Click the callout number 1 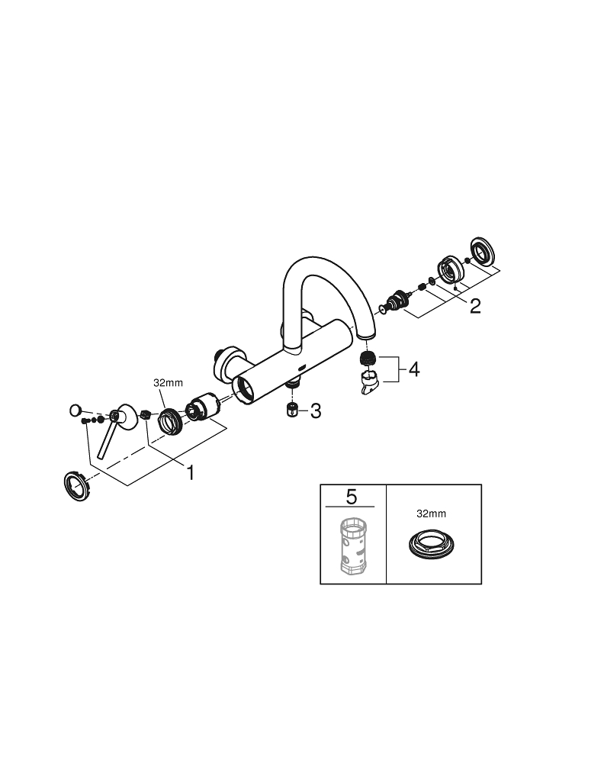tap(190, 473)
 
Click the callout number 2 tap(475, 307)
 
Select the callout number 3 tap(314, 411)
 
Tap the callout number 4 tap(413, 370)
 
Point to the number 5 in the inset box tap(351, 497)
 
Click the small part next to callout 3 tap(291, 410)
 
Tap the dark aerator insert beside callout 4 tap(367, 358)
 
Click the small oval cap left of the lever tap(75, 410)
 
